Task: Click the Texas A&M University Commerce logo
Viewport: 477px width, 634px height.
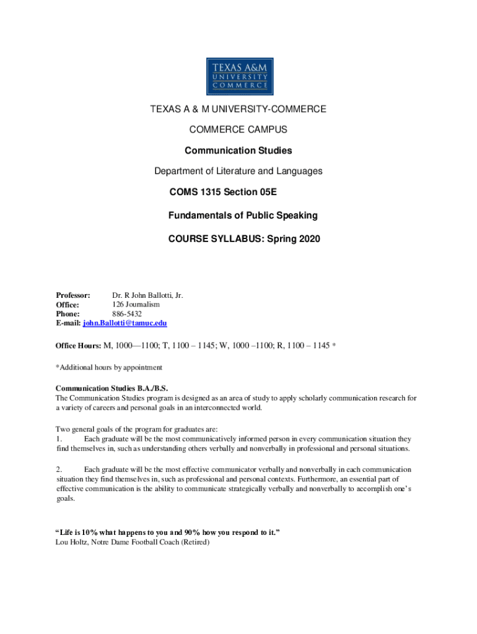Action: click(239, 77)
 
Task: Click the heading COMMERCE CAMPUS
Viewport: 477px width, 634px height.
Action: click(239, 130)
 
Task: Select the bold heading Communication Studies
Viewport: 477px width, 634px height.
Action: click(239, 150)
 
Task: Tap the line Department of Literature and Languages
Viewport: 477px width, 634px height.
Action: click(239, 171)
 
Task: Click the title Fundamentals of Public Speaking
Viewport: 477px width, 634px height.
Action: click(243, 215)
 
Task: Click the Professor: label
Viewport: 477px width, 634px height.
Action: click(73, 295)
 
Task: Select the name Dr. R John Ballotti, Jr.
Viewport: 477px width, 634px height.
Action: click(147, 295)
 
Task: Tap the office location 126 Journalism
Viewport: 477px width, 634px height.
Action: click(136, 305)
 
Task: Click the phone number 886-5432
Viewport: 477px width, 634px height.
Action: click(127, 314)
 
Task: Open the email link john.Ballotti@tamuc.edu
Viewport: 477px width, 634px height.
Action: click(125, 323)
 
